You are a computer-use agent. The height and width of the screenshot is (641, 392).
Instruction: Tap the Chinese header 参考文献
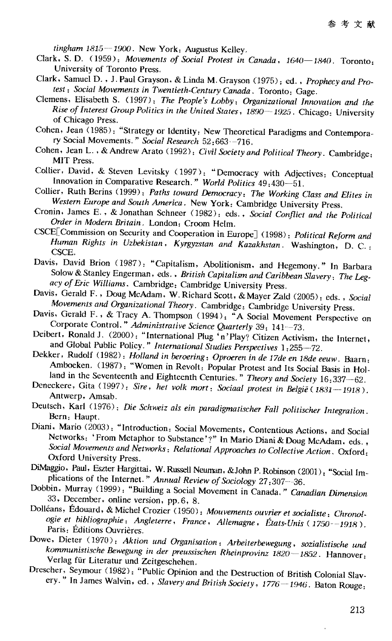click(x=351, y=24)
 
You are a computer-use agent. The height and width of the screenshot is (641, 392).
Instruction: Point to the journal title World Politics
click(x=229, y=183)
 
